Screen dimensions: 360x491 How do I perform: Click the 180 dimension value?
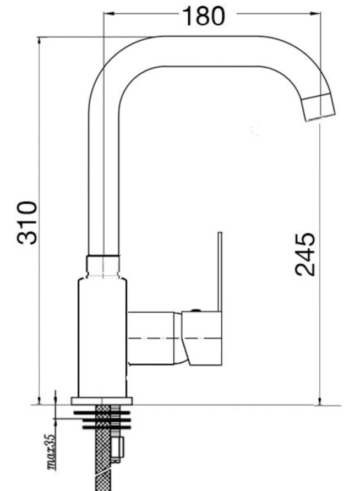point(203,16)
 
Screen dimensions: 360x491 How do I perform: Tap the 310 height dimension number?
point(27,222)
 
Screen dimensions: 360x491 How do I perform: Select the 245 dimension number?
point(305,254)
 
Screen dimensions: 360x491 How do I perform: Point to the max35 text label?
point(51,451)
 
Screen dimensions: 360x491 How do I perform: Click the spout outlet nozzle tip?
point(319,107)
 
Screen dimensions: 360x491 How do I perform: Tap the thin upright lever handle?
point(220,272)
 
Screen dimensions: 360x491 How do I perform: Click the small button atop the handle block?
point(196,310)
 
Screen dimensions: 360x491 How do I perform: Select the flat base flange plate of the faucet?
point(102,401)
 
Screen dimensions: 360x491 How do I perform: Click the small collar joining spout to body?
point(103,266)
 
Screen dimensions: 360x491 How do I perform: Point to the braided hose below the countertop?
point(103,448)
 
